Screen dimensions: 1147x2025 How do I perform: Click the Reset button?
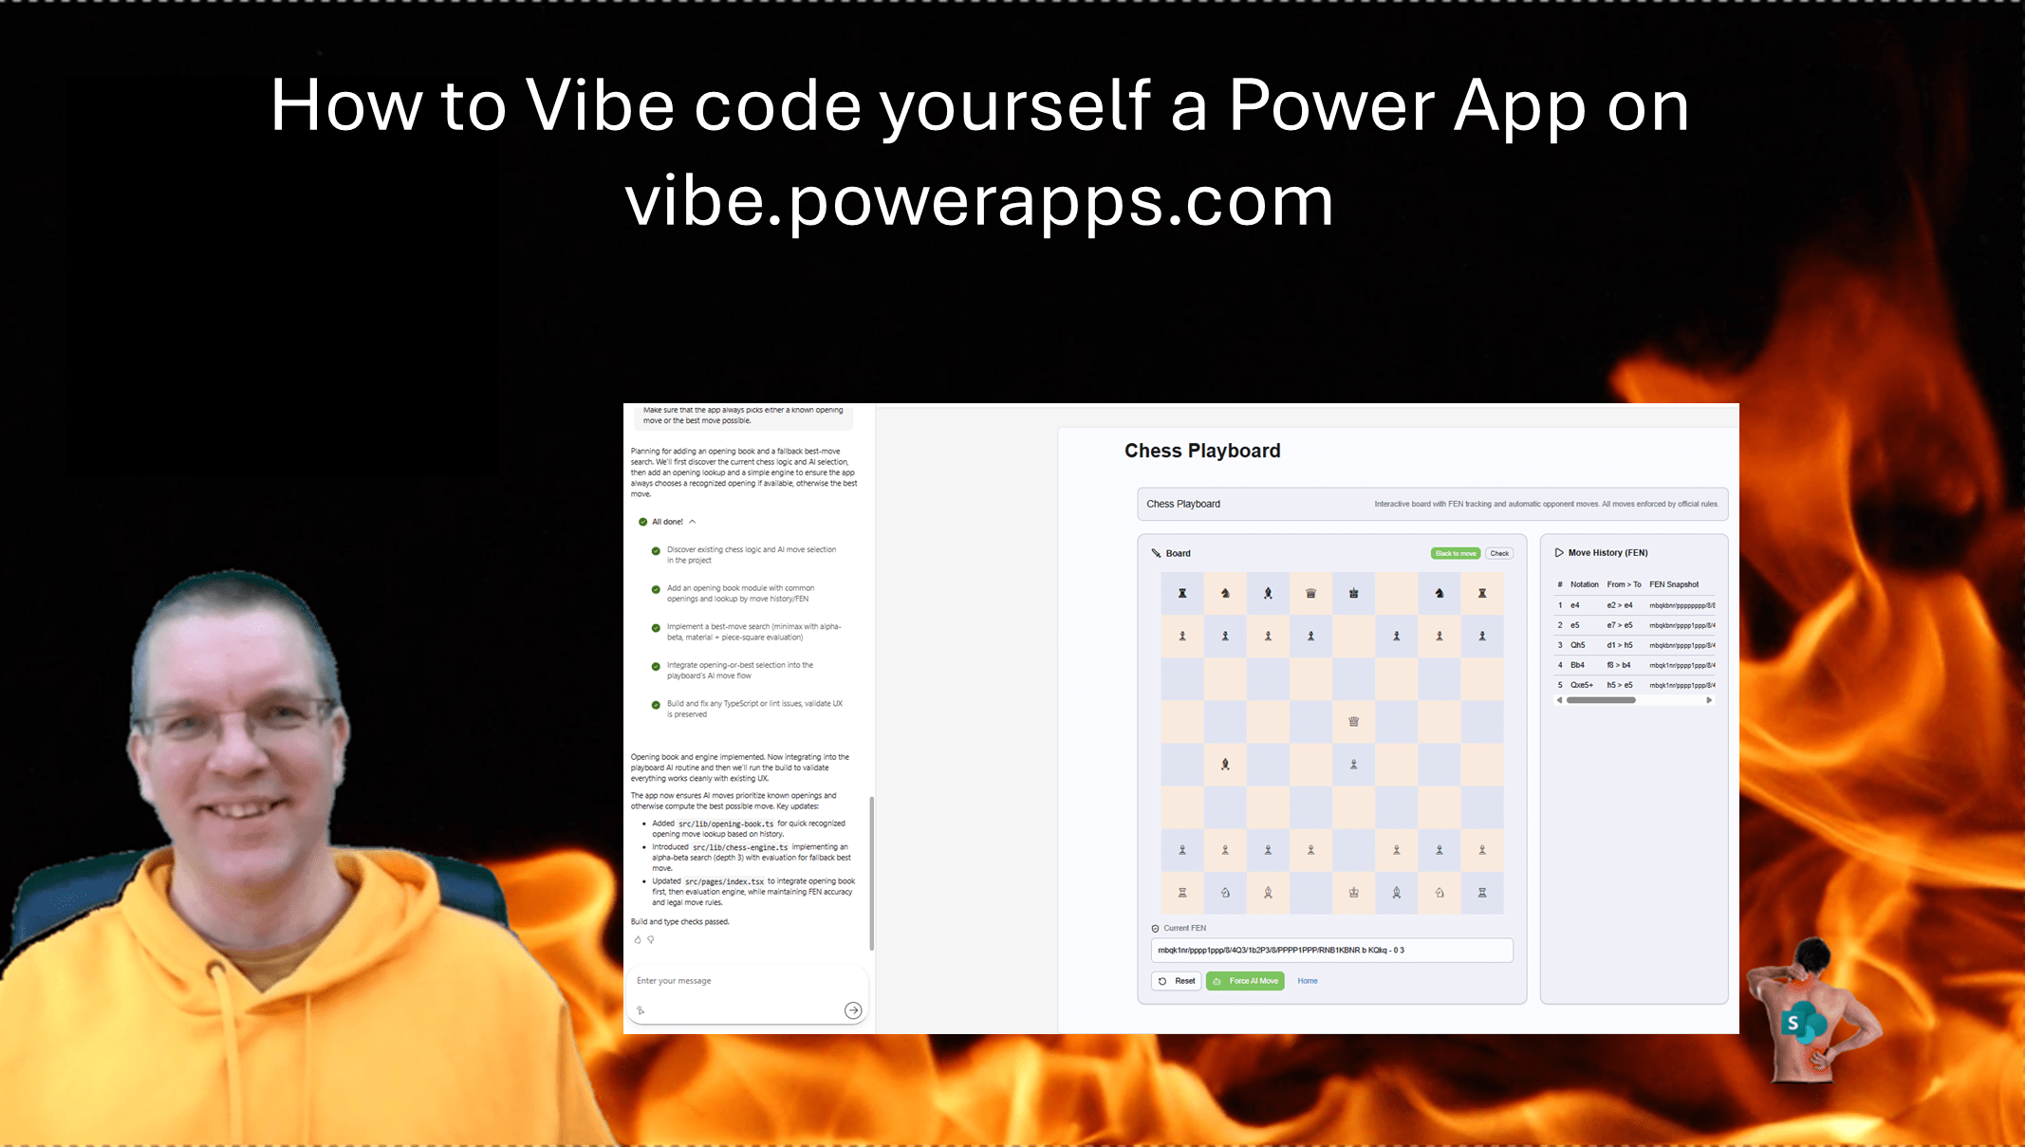(1177, 981)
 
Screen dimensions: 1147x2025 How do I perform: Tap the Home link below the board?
(1307, 981)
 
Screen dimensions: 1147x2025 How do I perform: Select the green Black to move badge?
(1455, 553)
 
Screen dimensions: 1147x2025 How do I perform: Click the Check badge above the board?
(1499, 553)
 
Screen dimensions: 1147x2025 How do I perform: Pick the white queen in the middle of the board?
(1353, 722)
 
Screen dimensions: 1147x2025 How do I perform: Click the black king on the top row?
(1353, 594)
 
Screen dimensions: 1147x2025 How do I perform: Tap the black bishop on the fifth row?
(1225, 765)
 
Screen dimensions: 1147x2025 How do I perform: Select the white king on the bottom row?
(1353, 893)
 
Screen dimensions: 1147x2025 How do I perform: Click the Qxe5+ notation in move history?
(1581, 685)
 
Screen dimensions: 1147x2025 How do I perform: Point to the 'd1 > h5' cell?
(1619, 645)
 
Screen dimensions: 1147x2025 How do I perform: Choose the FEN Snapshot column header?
(1674, 584)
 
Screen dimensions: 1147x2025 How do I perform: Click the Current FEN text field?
(1331, 950)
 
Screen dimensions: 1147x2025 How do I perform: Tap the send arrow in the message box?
(852, 1010)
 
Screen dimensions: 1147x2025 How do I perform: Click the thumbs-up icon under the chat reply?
(638, 940)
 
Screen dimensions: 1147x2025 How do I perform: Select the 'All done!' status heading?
(667, 522)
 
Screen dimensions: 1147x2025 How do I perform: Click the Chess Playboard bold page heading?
(1201, 451)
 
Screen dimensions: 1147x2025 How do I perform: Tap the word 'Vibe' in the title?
(600, 105)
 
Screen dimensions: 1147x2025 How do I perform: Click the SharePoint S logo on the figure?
(1793, 1024)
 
